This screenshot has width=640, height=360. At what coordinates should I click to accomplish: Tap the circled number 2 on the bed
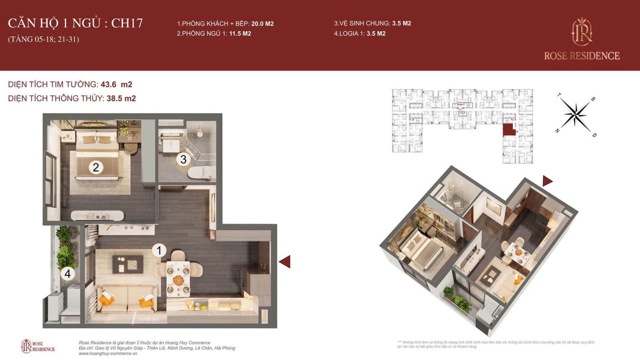tap(95, 167)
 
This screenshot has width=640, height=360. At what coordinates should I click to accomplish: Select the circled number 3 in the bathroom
tap(183, 159)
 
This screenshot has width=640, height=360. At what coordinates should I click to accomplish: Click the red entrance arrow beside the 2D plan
tap(284, 261)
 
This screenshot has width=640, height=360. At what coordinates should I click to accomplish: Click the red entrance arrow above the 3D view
tap(547, 181)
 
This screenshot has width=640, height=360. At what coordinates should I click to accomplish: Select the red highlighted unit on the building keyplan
tap(508, 129)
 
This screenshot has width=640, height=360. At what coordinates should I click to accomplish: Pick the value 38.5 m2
tap(121, 98)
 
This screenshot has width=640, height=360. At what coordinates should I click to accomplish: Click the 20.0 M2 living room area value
tap(262, 23)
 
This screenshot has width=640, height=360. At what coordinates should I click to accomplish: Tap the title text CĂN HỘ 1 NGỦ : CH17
tap(75, 23)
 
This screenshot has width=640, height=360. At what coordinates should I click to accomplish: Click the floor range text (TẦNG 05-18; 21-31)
tap(43, 39)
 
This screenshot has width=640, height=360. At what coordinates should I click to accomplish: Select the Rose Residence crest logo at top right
tap(582, 31)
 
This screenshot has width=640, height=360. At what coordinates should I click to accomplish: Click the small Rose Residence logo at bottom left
tap(38, 345)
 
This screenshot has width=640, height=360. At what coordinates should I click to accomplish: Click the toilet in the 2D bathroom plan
tap(201, 172)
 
